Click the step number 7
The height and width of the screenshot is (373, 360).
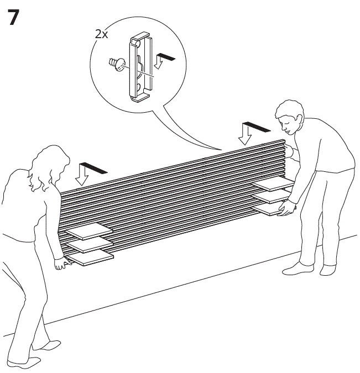click(15, 18)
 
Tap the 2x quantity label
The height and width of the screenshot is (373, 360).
click(101, 34)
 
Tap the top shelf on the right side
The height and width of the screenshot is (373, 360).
click(271, 185)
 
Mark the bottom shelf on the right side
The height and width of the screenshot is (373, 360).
click(274, 209)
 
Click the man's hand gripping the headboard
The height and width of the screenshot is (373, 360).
click(288, 207)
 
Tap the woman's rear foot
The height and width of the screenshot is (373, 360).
click(22, 361)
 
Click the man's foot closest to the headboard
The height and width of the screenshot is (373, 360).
click(298, 269)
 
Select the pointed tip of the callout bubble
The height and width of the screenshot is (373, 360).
click(221, 150)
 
